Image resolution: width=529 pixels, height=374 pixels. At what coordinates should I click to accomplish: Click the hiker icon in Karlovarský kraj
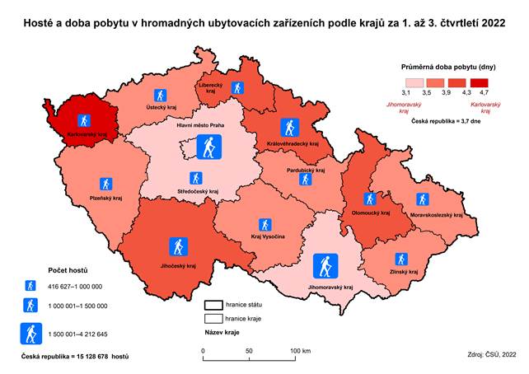tap(82, 120)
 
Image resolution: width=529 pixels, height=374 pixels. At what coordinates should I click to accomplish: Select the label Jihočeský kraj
tap(179, 266)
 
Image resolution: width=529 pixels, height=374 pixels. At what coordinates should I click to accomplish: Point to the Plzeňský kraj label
tap(105, 199)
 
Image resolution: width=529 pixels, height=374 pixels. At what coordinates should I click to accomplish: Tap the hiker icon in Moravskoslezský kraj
tap(422, 199)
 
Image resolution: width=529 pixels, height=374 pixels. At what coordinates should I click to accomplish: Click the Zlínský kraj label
tap(404, 272)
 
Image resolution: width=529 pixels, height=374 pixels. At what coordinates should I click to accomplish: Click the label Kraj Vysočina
tap(265, 237)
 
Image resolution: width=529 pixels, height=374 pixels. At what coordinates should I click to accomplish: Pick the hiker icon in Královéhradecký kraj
tap(288, 127)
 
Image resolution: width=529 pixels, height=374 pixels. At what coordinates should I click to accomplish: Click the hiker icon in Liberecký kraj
tap(237, 87)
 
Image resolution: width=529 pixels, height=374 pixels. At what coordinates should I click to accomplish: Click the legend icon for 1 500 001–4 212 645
tap(31, 334)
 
